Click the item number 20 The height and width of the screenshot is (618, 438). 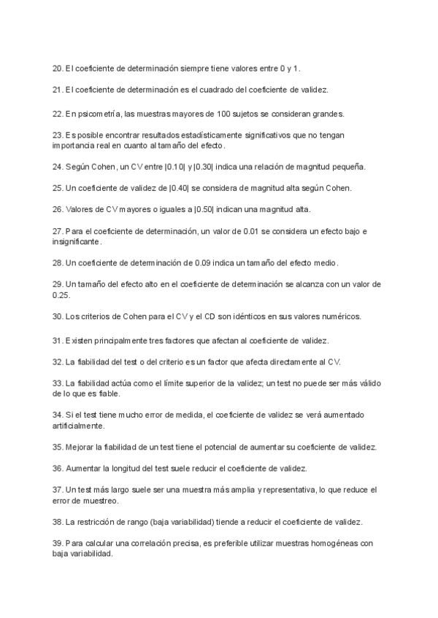[x=58, y=69]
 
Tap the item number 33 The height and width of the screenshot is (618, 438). [x=58, y=383]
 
